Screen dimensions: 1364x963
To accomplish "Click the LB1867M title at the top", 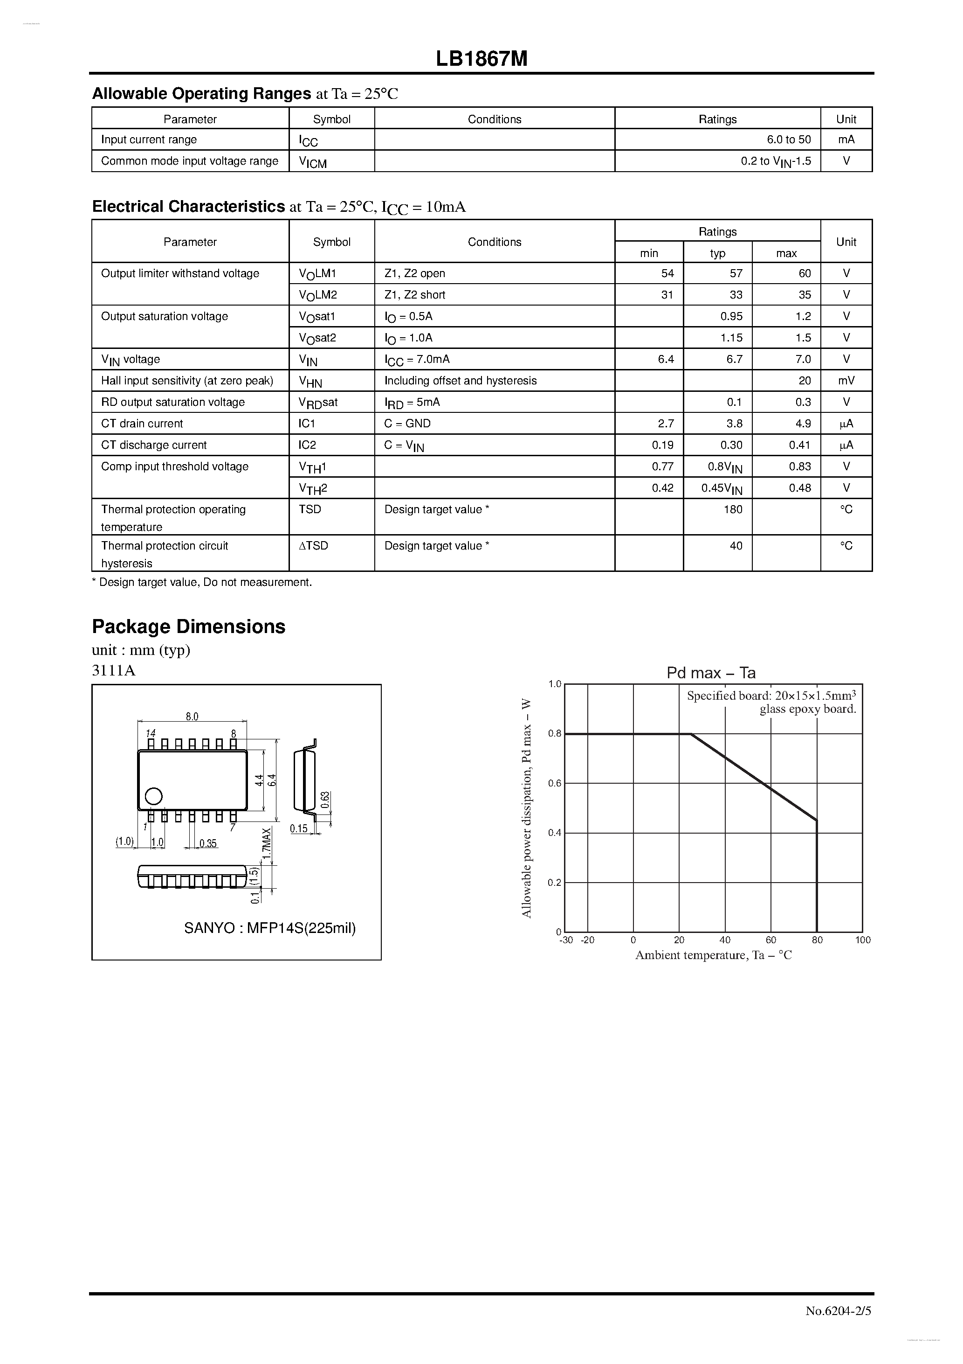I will click(481, 59).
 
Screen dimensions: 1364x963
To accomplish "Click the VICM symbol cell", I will click(313, 161).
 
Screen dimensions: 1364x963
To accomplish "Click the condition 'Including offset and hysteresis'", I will click(460, 380).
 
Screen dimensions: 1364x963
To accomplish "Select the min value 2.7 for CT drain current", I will click(666, 424).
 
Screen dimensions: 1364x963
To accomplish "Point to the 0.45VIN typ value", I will click(722, 488).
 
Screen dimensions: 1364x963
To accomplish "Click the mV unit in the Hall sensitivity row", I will click(846, 380).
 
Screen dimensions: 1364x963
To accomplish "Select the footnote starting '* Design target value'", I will click(202, 582).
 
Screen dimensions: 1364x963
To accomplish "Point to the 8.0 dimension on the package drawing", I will click(192, 717).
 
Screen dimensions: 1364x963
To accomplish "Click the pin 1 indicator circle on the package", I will click(153, 796).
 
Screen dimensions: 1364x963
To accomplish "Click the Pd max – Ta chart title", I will click(711, 673).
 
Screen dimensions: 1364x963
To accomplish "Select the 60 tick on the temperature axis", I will click(770, 940).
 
